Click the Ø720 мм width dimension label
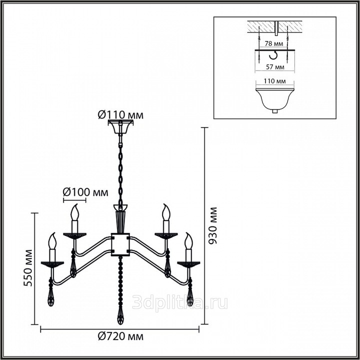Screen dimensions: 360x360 click(120, 336)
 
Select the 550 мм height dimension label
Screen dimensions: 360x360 click(28, 268)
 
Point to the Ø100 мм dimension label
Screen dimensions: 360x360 click(85, 191)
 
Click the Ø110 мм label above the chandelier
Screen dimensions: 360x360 click(120, 114)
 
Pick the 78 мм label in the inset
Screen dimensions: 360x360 click(273, 43)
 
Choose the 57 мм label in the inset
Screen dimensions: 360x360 click(275, 67)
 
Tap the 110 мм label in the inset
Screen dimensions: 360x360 click(274, 81)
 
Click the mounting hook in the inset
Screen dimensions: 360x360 click(273, 55)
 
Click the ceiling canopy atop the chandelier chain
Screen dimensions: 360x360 click(120, 126)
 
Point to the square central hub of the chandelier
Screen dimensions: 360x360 click(120, 244)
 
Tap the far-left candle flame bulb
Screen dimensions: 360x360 click(52, 241)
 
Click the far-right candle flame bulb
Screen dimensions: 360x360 click(188, 241)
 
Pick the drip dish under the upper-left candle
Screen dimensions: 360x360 click(74, 236)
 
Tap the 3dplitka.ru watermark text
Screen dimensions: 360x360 click(180, 302)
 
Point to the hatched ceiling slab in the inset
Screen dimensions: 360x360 click(274, 26)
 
